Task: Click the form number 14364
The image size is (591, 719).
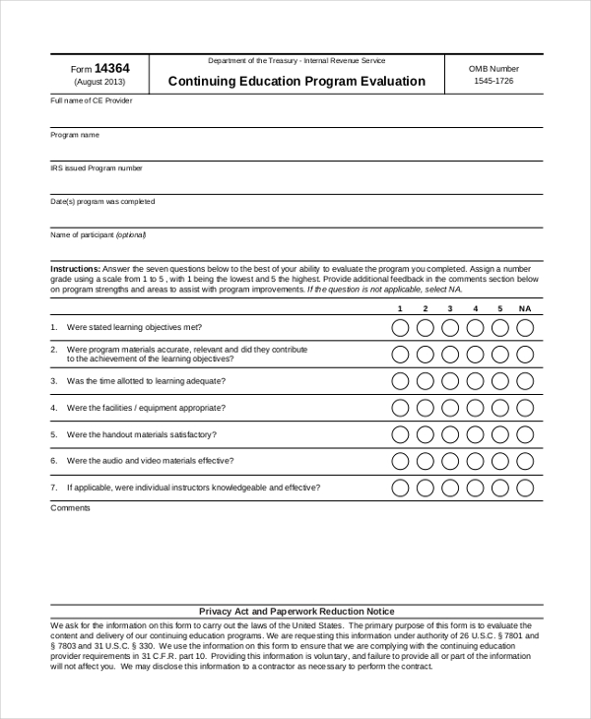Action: tap(111, 68)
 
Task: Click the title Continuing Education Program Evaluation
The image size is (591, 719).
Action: tap(296, 82)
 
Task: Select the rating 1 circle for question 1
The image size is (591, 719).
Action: tap(400, 327)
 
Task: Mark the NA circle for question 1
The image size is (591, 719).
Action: tap(525, 327)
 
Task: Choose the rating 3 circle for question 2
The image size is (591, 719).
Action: tap(449, 354)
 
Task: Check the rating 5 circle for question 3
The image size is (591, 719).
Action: tap(500, 380)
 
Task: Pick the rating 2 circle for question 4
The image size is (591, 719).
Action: tap(425, 407)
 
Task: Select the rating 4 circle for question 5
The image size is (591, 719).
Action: tap(475, 433)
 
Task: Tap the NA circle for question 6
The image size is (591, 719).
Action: tap(525, 460)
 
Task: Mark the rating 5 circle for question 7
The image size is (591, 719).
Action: tap(500, 487)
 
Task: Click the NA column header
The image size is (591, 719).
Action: tap(525, 308)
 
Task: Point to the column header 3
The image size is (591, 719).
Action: tap(449, 308)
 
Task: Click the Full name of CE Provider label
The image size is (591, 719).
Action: tap(91, 100)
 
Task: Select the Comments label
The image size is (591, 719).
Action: tap(70, 508)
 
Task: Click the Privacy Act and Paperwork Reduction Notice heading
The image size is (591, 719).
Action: tap(296, 612)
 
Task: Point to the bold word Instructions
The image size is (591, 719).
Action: tap(74, 269)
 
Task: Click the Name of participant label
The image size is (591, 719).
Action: tap(98, 235)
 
